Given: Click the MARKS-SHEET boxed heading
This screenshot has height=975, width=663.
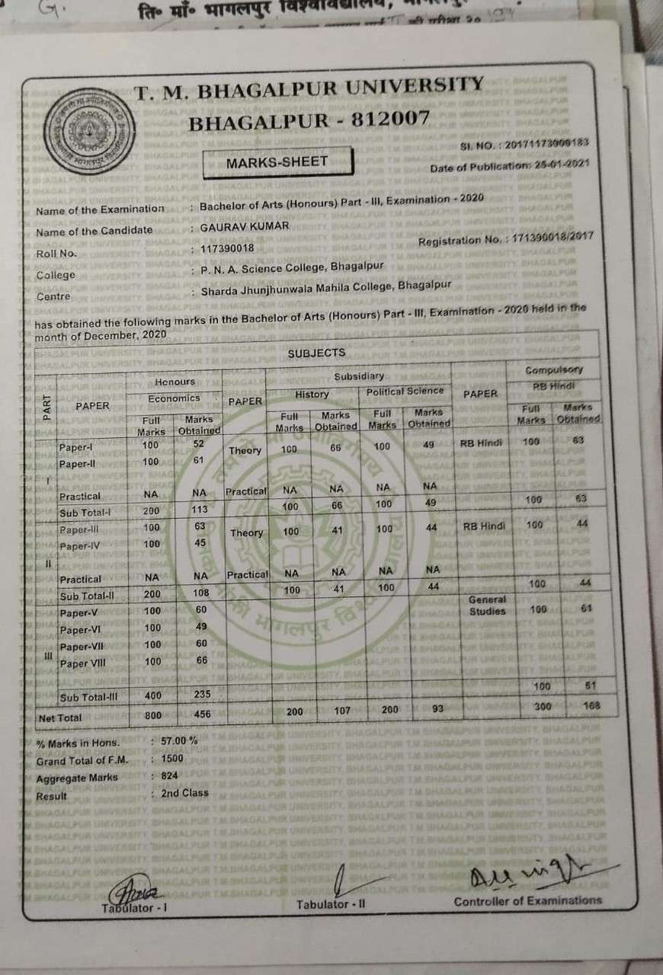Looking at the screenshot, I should [x=277, y=161].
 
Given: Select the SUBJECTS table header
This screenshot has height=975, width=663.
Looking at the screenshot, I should [x=316, y=353].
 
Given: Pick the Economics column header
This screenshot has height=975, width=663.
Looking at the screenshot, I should [x=175, y=398].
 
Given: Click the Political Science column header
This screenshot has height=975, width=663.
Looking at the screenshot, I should [x=405, y=391].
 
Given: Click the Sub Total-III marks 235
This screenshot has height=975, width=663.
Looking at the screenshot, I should [x=200, y=695].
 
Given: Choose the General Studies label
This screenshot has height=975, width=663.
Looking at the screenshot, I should [x=487, y=606].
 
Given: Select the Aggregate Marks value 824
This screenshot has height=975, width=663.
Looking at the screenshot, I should [x=169, y=775].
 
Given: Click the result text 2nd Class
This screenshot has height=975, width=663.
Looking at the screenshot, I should [x=184, y=793].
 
